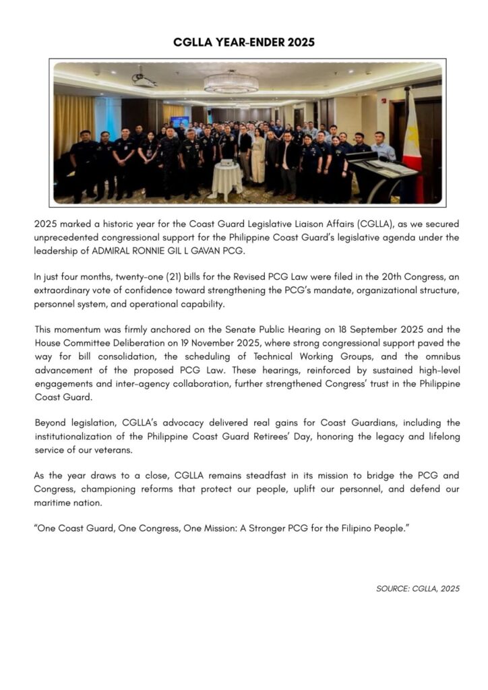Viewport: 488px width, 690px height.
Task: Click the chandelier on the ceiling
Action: [231, 83]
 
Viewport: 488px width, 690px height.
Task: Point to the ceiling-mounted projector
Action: [144, 81]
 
